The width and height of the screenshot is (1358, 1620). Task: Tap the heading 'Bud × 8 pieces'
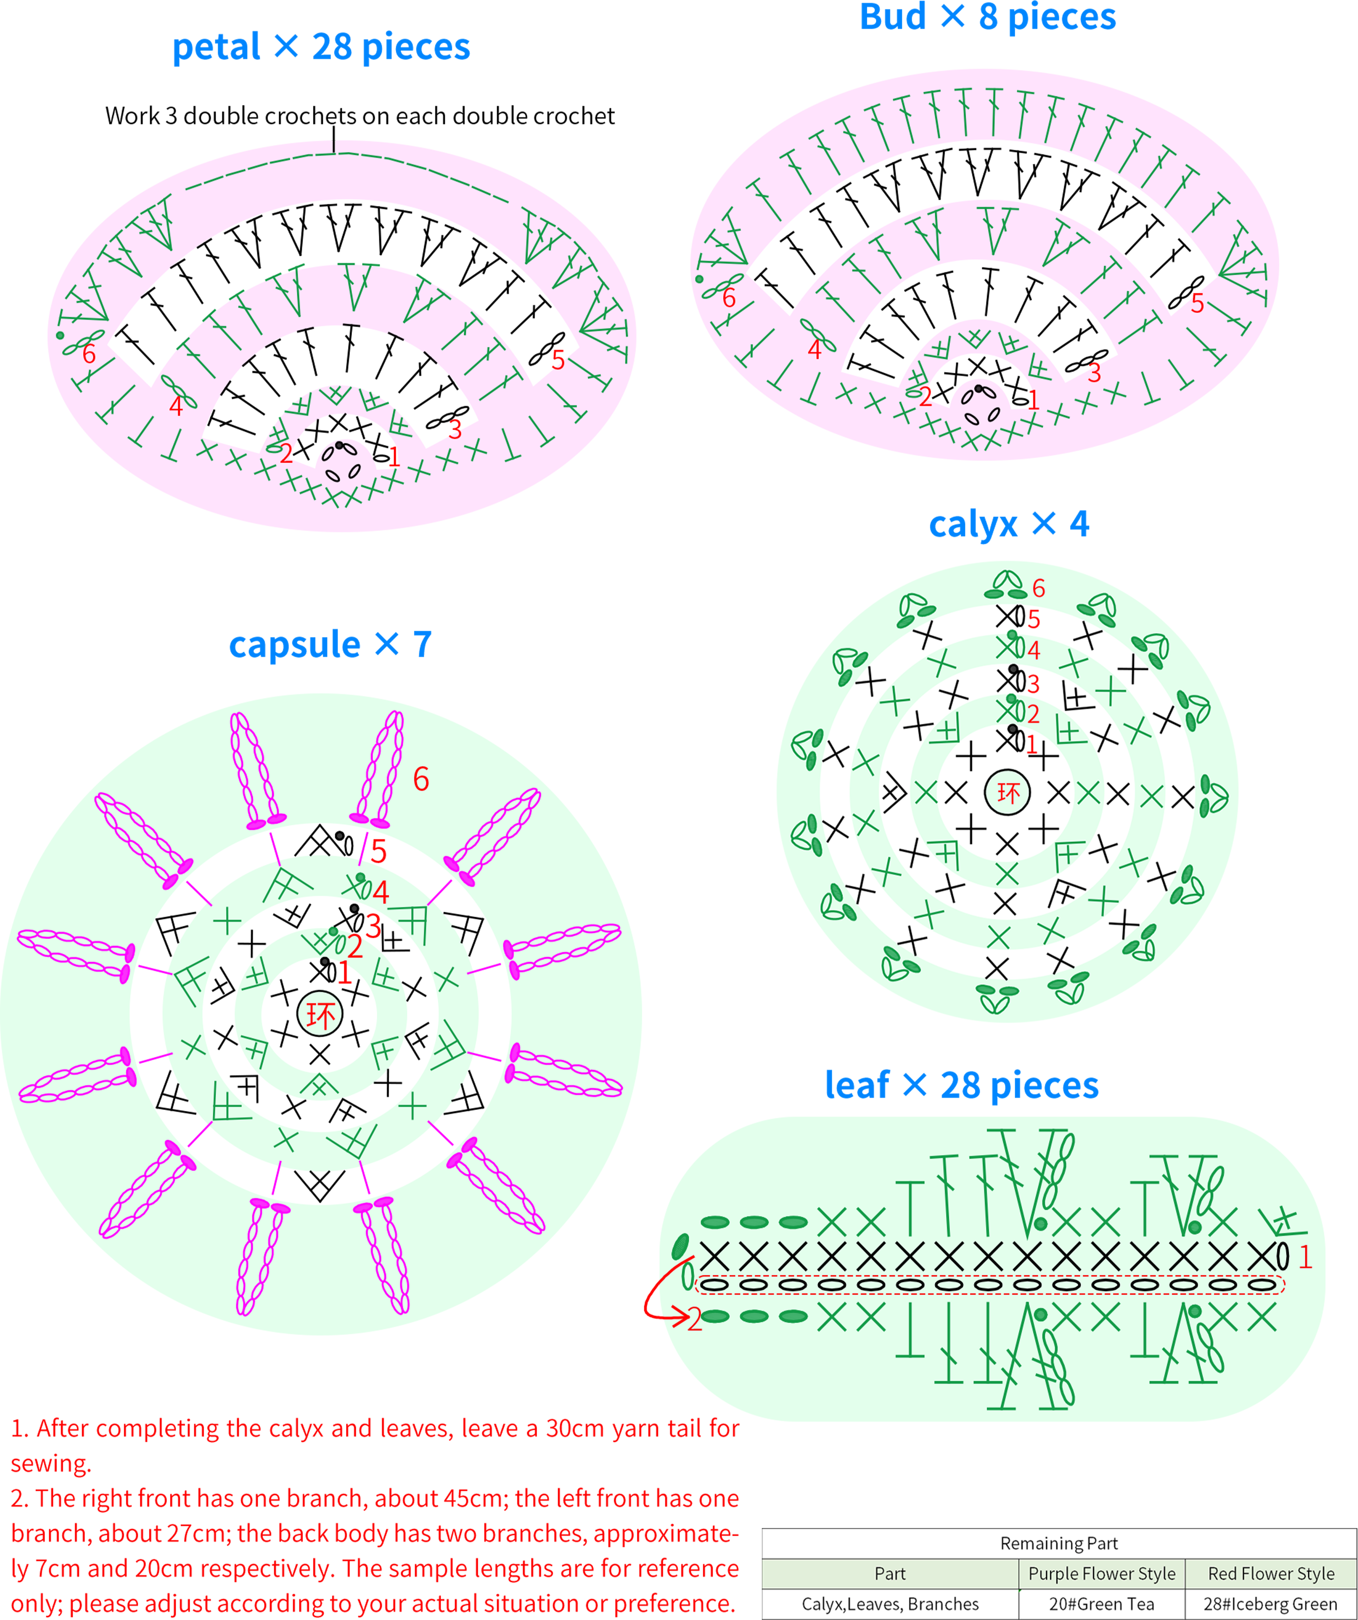point(988,17)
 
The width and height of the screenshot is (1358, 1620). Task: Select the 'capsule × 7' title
point(330,644)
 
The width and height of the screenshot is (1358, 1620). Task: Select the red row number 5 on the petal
point(558,360)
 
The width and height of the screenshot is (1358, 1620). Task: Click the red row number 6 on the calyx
point(1039,589)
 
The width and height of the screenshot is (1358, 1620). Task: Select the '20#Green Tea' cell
point(1101,1604)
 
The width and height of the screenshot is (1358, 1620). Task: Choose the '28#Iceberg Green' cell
point(1271,1604)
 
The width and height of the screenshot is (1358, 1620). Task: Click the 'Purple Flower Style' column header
point(1102,1574)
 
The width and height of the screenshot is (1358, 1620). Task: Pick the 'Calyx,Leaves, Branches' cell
point(890,1604)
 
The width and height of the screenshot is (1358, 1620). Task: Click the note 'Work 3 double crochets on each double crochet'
point(360,116)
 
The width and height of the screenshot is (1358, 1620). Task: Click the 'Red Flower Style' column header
point(1271,1574)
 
